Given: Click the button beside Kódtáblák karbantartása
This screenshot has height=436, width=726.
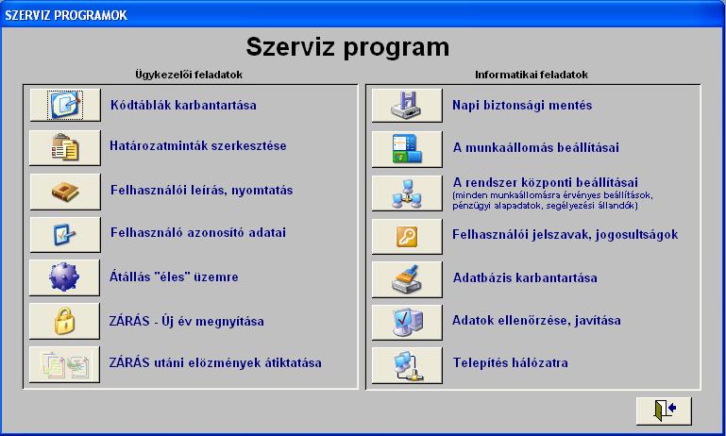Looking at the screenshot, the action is tap(65, 105).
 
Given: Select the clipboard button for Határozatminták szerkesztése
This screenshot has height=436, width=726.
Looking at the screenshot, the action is tap(65, 147).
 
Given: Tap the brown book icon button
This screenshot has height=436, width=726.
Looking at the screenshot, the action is tap(65, 192).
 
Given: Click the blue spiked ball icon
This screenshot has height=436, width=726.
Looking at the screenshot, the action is tap(64, 277).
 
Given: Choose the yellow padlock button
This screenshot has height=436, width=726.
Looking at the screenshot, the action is tap(64, 321).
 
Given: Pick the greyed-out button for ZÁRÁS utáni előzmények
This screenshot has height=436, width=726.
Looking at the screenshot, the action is tap(64, 364).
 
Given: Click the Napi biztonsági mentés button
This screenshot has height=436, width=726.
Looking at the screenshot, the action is tap(407, 106).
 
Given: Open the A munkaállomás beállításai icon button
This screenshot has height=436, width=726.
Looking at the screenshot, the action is tap(407, 149).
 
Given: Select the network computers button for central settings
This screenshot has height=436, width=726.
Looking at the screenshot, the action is tap(407, 193).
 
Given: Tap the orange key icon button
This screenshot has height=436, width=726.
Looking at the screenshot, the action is tap(407, 237).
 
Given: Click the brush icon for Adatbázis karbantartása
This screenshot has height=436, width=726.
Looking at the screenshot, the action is tap(406, 279).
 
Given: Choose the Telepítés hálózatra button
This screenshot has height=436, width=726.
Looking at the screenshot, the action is tap(407, 365).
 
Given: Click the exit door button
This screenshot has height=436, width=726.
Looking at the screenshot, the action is tap(664, 411).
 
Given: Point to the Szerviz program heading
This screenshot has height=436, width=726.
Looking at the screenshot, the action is tap(347, 47).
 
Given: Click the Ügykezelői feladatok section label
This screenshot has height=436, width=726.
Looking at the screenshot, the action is tap(189, 75).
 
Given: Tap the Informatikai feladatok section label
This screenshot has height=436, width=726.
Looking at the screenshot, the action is tap(532, 75).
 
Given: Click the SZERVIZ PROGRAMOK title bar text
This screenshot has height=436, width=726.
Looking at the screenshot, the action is tap(66, 15).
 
